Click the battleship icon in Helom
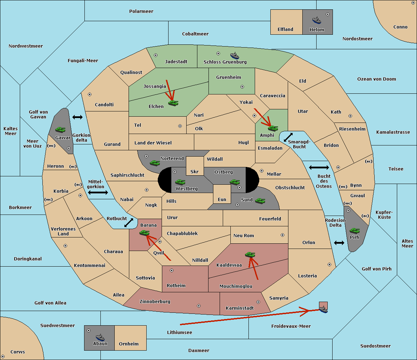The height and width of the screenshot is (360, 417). click(x=317, y=20)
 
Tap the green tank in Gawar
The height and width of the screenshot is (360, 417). click(x=60, y=129)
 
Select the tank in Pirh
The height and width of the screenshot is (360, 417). click(x=354, y=231)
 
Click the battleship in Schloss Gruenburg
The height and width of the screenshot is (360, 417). click(x=235, y=56)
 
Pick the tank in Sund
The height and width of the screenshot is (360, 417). click(x=260, y=201)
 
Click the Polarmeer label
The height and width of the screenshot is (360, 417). click(x=141, y=11)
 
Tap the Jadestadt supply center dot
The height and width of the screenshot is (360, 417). click(x=156, y=55)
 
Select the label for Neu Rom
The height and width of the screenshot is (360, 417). click(x=244, y=235)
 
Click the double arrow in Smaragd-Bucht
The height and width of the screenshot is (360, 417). click(x=288, y=137)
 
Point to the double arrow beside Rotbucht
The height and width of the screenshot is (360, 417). click(x=129, y=223)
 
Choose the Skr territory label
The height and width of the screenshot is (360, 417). click(x=194, y=171)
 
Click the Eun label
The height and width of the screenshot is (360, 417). click(x=222, y=199)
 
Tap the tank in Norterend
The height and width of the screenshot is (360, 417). click(x=155, y=163)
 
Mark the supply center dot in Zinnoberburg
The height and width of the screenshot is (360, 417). click(x=199, y=306)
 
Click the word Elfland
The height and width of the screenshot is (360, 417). click(x=285, y=29)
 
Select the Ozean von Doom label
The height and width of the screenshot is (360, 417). click(x=376, y=79)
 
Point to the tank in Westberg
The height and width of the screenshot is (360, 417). click(x=180, y=182)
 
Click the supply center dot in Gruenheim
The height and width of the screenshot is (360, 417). click(x=242, y=87)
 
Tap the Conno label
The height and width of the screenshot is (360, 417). click(x=400, y=27)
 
